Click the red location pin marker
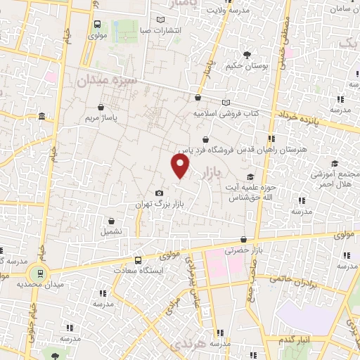tap(181, 166)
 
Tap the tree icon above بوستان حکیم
tap(246, 54)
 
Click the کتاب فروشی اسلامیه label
tap(226, 112)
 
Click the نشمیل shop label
tap(111, 231)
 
